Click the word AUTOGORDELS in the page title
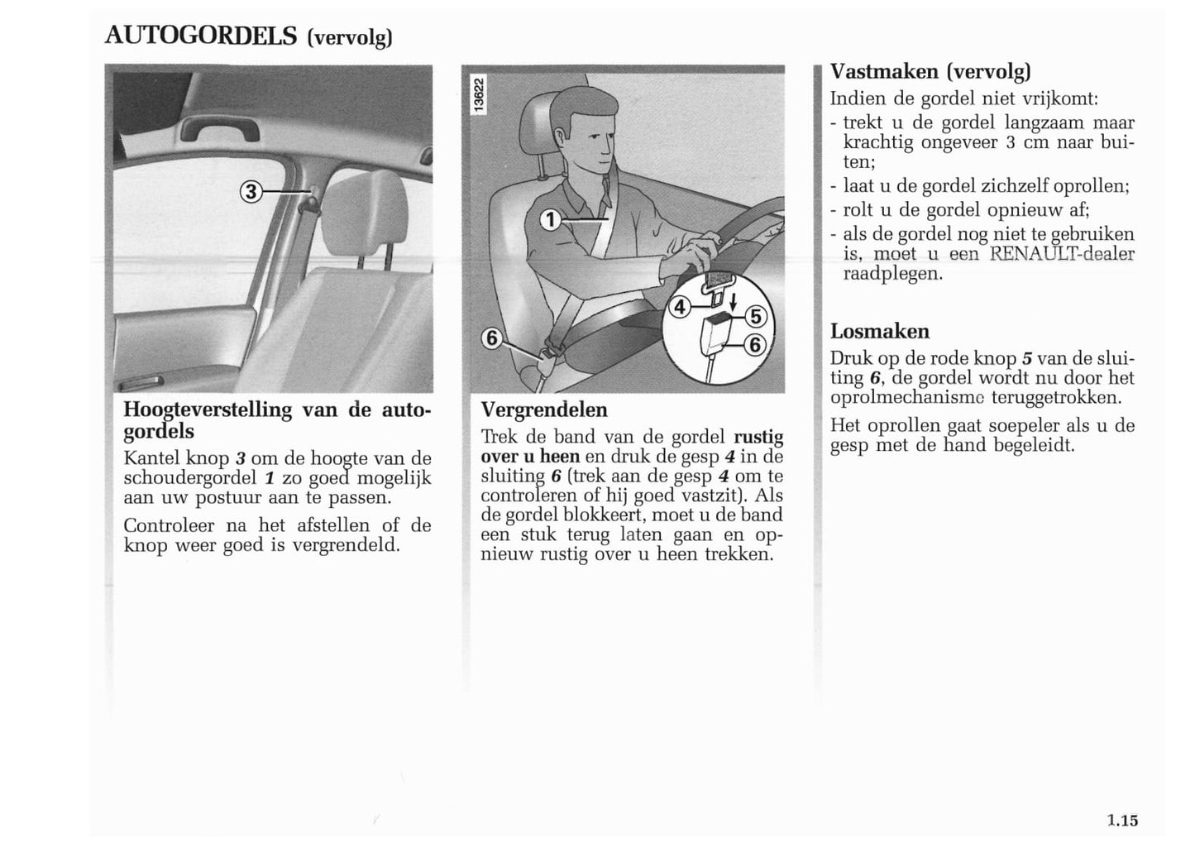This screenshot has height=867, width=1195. point(201,36)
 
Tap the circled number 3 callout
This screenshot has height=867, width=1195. point(251,193)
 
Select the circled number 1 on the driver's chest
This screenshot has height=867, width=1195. point(551,219)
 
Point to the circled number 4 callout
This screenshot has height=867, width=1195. point(680,307)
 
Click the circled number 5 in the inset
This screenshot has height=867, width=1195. point(756,317)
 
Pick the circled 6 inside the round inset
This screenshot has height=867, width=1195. point(756,345)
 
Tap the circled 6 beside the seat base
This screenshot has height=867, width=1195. point(493,338)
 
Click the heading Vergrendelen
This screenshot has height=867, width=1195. point(544,410)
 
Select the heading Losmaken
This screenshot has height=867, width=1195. point(880,332)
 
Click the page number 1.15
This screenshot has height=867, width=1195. point(1122,821)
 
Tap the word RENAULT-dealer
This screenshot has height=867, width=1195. point(1062,254)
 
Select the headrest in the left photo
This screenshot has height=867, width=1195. point(361,212)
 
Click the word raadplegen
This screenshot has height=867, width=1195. point(892,274)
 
